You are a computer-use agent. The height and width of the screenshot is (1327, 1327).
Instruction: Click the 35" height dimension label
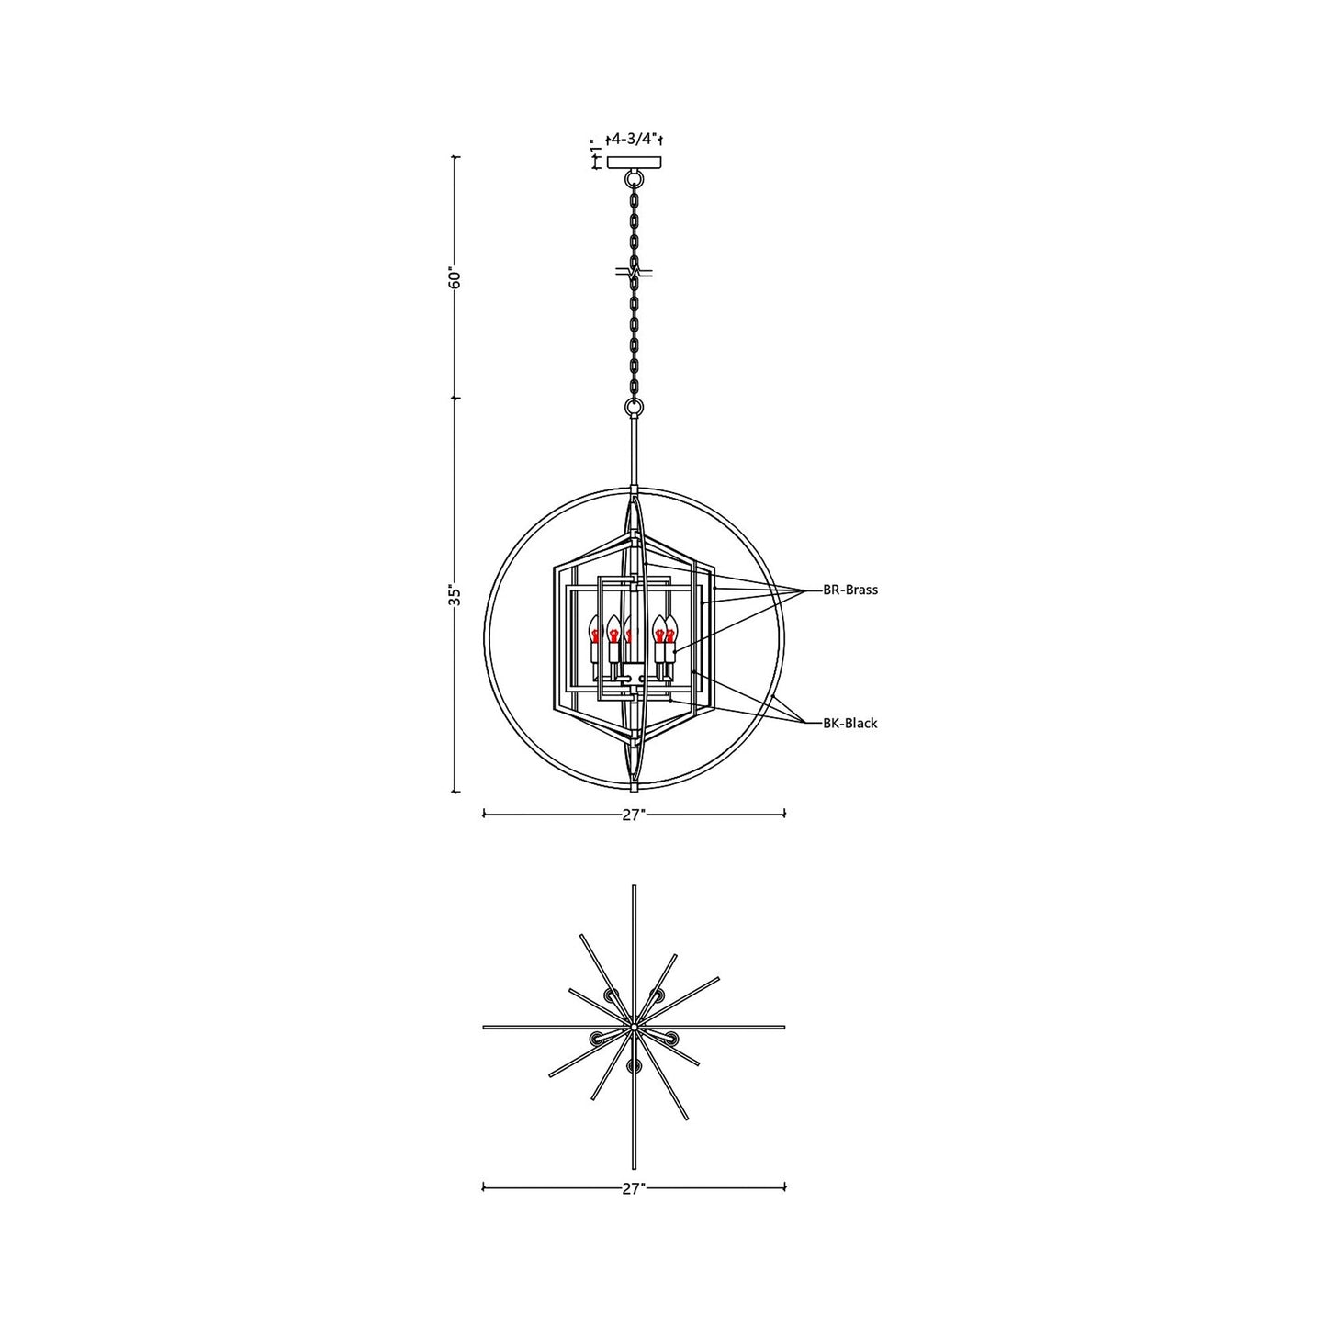click(453, 596)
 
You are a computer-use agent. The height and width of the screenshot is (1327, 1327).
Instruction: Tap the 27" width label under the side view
click(635, 815)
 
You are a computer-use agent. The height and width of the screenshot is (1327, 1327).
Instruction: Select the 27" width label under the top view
click(632, 1189)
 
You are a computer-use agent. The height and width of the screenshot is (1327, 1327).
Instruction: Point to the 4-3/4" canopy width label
click(633, 140)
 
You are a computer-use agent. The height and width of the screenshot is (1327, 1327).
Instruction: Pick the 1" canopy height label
click(595, 148)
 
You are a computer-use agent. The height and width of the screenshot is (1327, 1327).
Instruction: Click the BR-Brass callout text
click(850, 590)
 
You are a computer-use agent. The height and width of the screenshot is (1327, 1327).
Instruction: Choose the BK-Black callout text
click(850, 724)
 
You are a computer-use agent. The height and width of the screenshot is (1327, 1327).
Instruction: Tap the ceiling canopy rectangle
click(634, 163)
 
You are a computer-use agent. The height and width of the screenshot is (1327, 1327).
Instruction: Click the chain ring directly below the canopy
click(634, 179)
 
